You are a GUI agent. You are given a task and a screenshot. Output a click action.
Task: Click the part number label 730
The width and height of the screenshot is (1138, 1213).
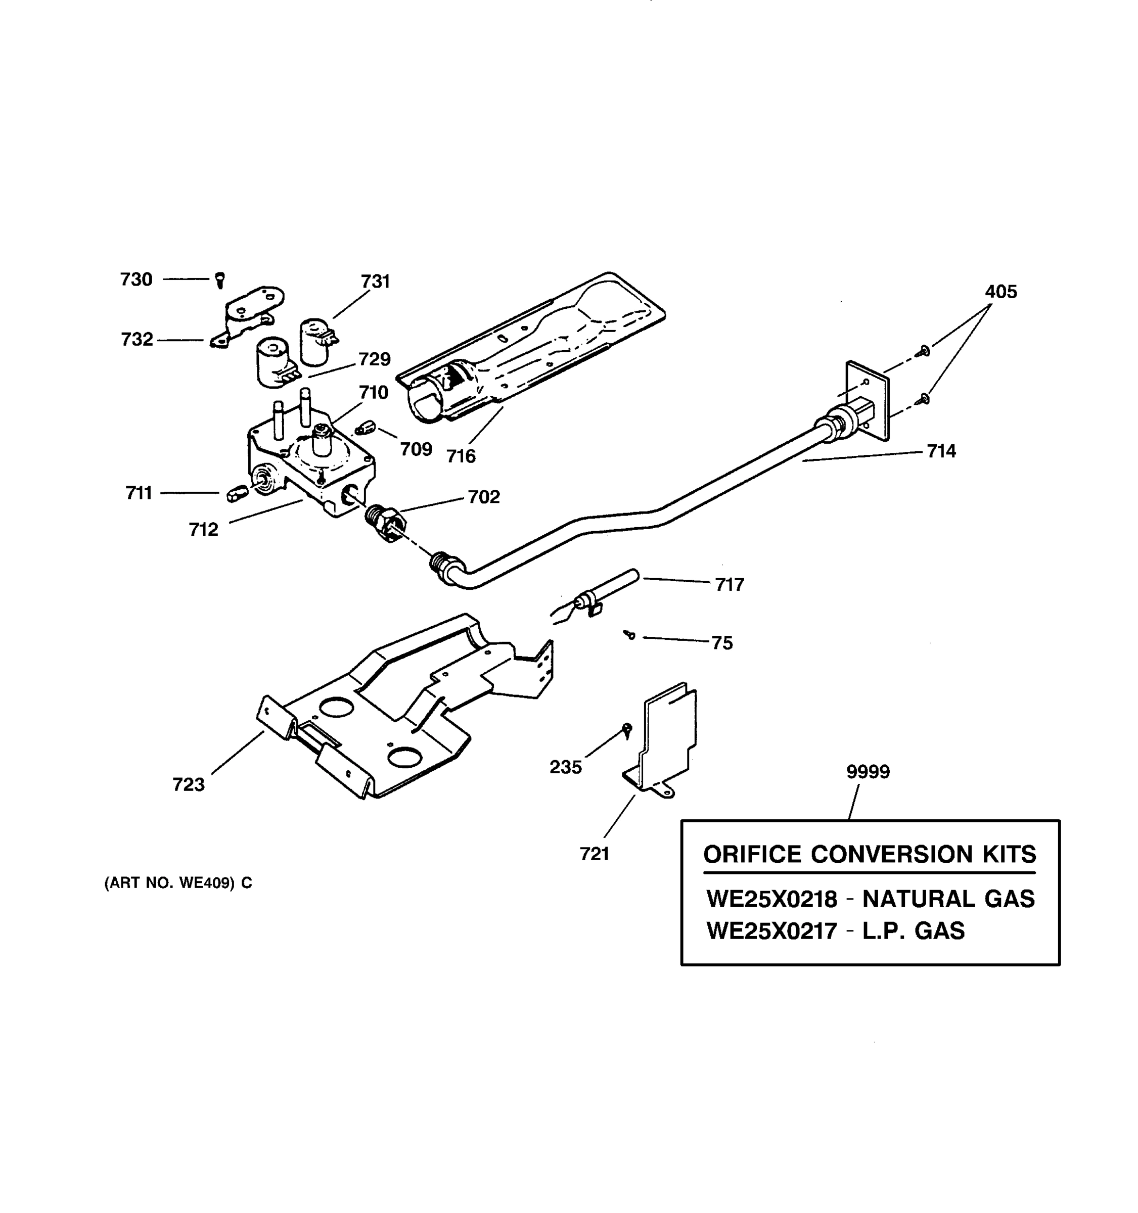pyautogui.click(x=135, y=279)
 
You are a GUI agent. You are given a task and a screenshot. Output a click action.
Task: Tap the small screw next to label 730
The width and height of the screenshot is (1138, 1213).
pyautogui.click(x=220, y=280)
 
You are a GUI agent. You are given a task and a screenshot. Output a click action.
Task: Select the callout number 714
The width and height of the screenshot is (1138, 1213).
pyautogui.click(x=941, y=451)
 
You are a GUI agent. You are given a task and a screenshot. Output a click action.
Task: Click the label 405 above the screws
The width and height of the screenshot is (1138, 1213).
pyautogui.click(x=1000, y=292)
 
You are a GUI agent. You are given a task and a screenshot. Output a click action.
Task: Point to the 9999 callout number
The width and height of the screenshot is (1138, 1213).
pyautogui.click(x=867, y=771)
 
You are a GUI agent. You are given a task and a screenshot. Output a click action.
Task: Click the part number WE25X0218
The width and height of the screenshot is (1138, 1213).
pyautogui.click(x=771, y=899)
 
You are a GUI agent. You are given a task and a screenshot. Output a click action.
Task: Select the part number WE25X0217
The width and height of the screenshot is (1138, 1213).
pyautogui.click(x=771, y=930)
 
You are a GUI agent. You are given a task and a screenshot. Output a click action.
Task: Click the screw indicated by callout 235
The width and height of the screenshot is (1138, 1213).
pyautogui.click(x=627, y=728)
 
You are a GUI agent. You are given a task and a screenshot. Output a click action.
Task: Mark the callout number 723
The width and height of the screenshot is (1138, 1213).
pyautogui.click(x=188, y=784)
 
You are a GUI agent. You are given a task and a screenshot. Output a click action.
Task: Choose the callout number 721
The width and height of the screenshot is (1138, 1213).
pyautogui.click(x=595, y=854)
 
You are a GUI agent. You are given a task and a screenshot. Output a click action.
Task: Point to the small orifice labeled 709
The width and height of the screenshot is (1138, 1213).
pyautogui.click(x=365, y=428)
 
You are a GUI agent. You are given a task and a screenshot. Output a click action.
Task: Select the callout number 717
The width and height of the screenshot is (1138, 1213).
pyautogui.click(x=729, y=585)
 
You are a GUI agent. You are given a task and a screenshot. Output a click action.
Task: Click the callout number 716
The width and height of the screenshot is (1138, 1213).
pyautogui.click(x=460, y=456)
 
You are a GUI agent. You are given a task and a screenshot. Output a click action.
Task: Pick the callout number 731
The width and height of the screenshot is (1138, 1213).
pyautogui.click(x=375, y=282)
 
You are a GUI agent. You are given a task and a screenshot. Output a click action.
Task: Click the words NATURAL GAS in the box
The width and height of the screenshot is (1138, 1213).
pyautogui.click(x=948, y=899)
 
